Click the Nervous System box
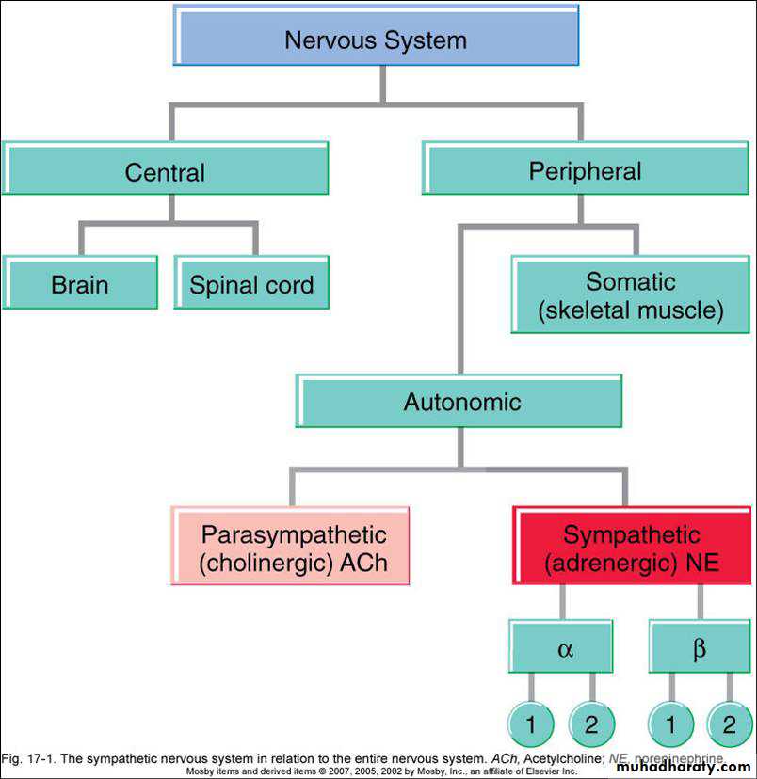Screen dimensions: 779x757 pyautogui.click(x=376, y=40)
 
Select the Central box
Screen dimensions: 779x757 pyautogui.click(x=165, y=172)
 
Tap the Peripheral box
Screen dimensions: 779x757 pyautogui.click(x=584, y=171)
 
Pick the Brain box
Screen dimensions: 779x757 pyautogui.click(x=80, y=285)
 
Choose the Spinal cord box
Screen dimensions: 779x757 pyautogui.click(x=251, y=285)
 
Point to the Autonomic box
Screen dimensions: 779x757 pyautogui.click(x=461, y=402)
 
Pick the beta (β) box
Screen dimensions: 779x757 pyautogui.click(x=699, y=649)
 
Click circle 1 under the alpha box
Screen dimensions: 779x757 pyautogui.click(x=531, y=724)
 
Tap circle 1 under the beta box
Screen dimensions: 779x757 pyautogui.click(x=671, y=724)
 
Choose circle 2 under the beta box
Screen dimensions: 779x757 pyautogui.click(x=730, y=724)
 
